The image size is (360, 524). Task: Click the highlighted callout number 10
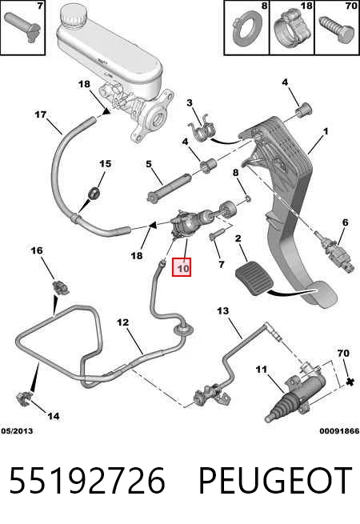coord(181,267)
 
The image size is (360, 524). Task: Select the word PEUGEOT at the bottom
coord(275,481)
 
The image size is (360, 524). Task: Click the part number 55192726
coord(87,481)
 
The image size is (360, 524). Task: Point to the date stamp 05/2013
coord(17,430)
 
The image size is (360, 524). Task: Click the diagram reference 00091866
coord(339,430)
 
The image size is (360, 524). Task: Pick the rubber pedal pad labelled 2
coord(254,279)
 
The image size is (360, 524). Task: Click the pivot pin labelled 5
coord(169,190)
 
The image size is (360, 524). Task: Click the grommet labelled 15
coord(94,194)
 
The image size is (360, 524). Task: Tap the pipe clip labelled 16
coord(61,287)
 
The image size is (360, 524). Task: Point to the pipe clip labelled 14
coord(25,398)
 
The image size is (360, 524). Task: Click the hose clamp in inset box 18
coord(292,26)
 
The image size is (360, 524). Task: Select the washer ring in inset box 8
coord(246,29)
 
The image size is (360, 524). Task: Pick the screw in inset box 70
coord(337,29)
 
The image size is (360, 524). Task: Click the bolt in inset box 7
coord(22,26)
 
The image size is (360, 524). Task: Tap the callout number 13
coord(223,310)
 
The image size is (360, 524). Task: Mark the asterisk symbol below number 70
coord(350,382)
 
